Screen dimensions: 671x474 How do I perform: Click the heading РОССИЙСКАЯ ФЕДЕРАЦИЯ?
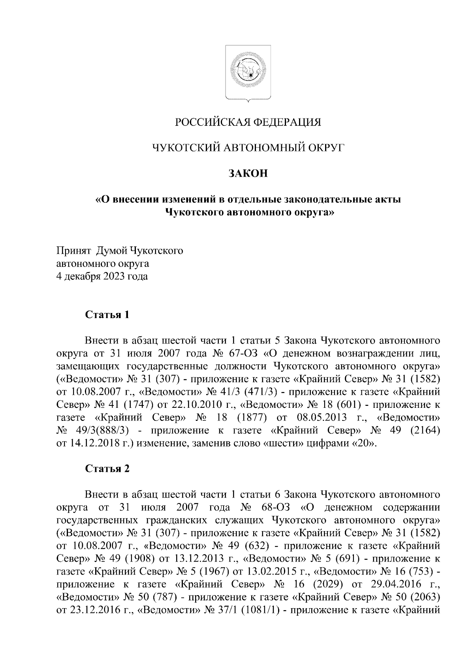248,122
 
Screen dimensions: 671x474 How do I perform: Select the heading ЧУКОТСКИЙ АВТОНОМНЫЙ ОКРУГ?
248,148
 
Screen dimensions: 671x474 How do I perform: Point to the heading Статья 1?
107,315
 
